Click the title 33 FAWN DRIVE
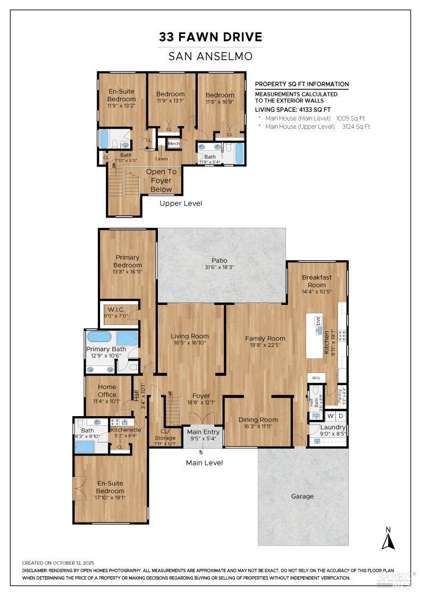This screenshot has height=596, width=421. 210,37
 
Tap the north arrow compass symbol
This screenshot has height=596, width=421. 389,538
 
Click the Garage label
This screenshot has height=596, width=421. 302,496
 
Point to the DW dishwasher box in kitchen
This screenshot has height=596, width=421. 318,321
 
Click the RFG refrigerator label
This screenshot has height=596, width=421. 316,378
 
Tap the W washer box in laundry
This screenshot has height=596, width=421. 330,416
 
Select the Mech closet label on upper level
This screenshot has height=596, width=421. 174,144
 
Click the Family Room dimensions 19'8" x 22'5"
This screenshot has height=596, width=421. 265,345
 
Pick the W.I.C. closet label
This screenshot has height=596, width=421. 116,309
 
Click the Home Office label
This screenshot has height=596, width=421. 107,391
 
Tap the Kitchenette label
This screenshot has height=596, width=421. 126,429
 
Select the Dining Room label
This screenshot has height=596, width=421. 258,419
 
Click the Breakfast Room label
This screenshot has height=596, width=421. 317,281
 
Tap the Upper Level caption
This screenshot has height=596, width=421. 181,203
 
